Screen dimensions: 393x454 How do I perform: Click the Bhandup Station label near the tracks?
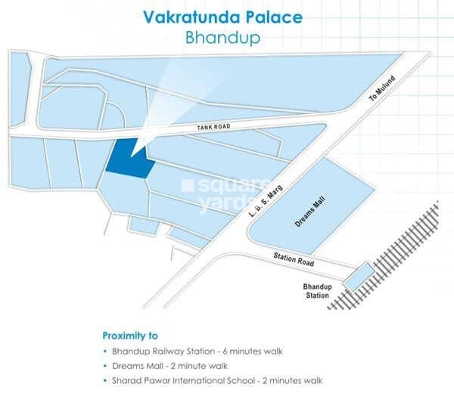[316, 291]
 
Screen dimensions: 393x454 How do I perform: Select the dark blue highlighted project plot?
[127, 160]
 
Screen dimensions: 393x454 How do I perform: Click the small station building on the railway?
[357, 276]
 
